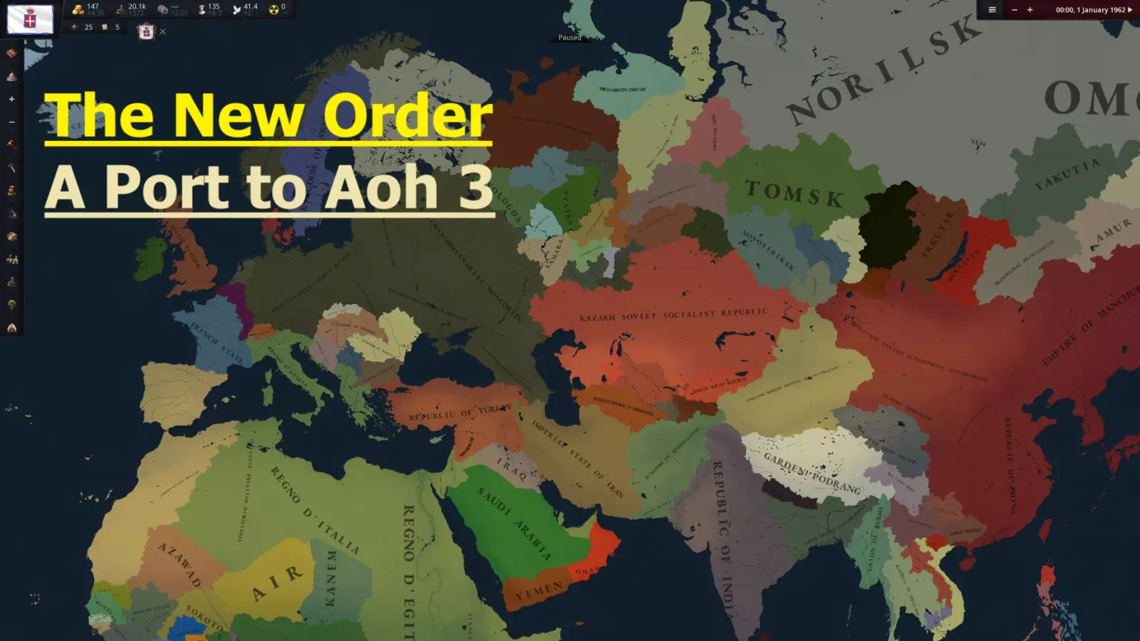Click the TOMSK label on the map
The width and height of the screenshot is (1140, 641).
point(794,193)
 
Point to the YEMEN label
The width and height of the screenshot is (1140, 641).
point(539,590)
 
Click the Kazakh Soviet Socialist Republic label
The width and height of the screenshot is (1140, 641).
point(673,315)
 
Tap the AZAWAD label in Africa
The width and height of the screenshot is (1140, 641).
point(180,564)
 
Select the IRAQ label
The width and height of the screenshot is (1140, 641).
point(512,469)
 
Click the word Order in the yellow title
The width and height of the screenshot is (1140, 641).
point(407,115)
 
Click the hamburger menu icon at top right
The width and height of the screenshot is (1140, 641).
point(992,10)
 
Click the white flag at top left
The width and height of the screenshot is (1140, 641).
point(30,19)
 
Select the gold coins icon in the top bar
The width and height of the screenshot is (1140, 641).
point(78,9)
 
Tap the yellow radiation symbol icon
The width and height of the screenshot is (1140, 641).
point(274,9)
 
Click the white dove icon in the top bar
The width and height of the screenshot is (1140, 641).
point(237,9)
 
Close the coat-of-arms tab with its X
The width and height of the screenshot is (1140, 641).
point(162,31)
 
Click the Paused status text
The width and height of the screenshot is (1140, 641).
point(569,38)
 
